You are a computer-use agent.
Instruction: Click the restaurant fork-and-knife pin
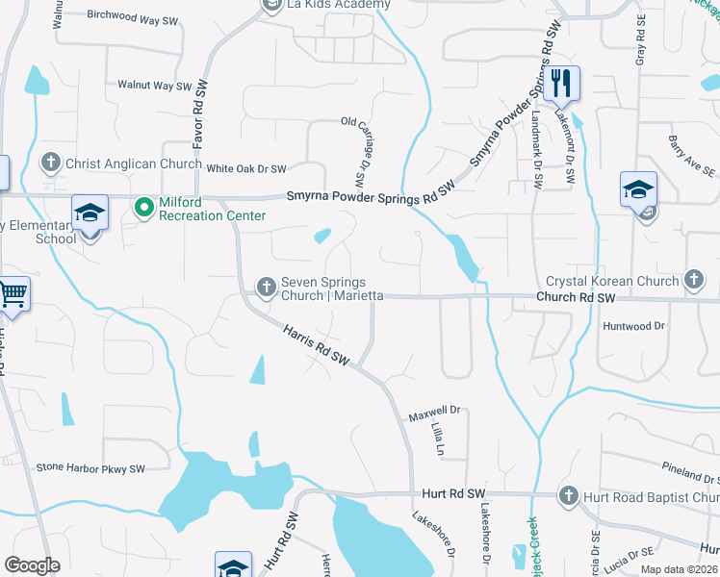click(561, 83)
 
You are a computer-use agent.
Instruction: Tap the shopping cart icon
click(13, 295)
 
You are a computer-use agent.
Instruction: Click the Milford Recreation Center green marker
click(144, 207)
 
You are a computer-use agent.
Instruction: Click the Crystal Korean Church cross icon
click(693, 281)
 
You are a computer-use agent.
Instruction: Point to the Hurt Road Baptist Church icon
click(569, 496)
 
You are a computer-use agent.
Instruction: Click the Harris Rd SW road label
click(315, 346)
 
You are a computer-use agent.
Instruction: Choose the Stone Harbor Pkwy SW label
click(90, 468)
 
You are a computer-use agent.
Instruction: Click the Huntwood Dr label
click(633, 326)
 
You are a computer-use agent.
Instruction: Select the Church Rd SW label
click(575, 299)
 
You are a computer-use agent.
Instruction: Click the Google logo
click(32, 565)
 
